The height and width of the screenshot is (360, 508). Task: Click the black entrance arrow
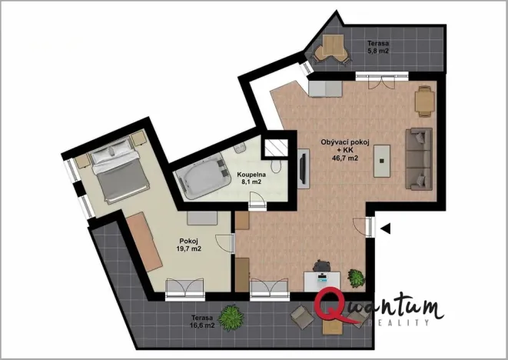point(386,227)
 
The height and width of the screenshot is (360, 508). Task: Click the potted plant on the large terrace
point(229,315)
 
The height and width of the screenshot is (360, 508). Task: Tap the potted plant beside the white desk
point(355,276)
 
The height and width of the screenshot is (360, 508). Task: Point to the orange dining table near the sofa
point(424,101)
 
